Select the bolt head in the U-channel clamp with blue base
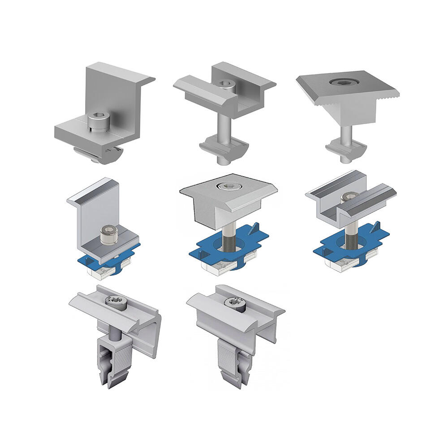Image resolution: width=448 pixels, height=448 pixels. tap(349, 196)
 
